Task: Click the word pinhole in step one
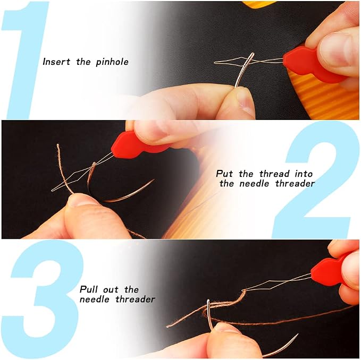[x=112, y=62]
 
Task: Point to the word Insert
[x=56, y=62]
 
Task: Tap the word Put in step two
[x=224, y=174]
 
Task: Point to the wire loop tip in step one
[x=215, y=62]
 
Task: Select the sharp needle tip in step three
[x=297, y=335]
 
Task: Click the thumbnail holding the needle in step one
[x=245, y=101]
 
